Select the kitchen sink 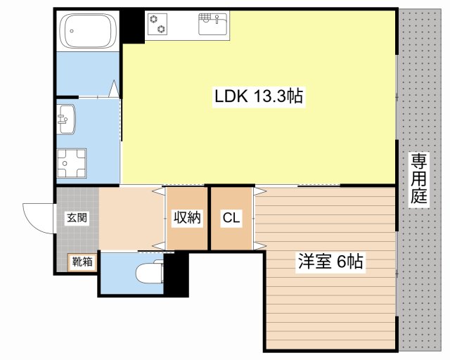click(213, 25)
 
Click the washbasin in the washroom click(67, 119)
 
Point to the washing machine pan click(71, 163)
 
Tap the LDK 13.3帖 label click(259, 96)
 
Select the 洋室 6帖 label click(330, 262)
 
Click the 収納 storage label click(187, 218)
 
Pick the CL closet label click(231, 219)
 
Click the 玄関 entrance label click(77, 217)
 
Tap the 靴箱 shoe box click(82, 262)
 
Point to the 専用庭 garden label click(419, 179)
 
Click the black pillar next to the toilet click(176, 274)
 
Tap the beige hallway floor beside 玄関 click(131, 217)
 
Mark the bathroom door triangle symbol click(114, 88)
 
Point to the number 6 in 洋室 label click(341, 262)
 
